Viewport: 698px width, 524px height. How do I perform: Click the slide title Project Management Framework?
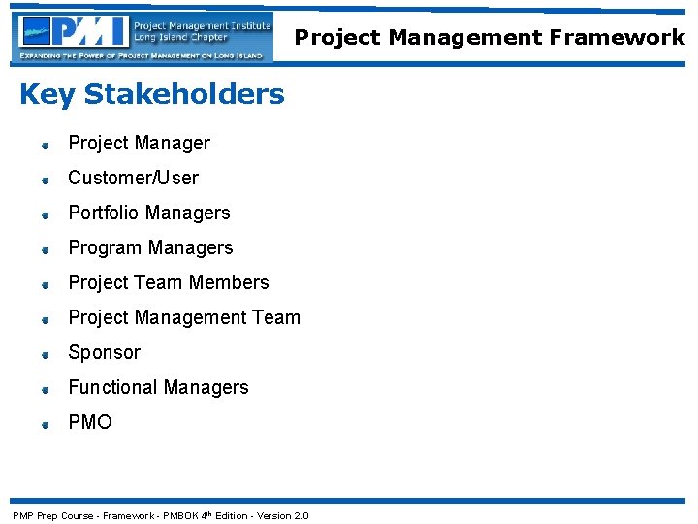coord(490,38)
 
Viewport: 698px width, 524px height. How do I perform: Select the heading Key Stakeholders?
coord(152,95)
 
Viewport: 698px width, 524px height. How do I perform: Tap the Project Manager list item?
coord(139,144)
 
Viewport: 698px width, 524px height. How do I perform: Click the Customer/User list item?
coord(133,179)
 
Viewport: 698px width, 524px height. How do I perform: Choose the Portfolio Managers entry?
coord(148,213)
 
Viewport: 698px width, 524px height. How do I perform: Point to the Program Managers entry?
coord(150,248)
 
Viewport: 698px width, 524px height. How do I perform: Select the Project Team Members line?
coord(168,283)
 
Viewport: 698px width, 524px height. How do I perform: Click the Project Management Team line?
coord(184,318)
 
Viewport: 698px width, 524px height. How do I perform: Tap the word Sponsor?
coord(104,353)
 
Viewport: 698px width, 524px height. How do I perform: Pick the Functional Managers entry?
coord(158,388)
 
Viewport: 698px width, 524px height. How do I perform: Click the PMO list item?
coord(90,423)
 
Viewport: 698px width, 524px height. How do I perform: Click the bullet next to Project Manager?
coord(46,146)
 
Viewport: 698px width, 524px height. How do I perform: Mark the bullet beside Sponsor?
coord(46,355)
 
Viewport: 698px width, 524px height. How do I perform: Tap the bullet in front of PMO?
coord(46,425)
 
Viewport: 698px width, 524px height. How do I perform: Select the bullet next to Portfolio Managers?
coord(46,215)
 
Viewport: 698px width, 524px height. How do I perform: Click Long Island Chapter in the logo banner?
coord(181,38)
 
